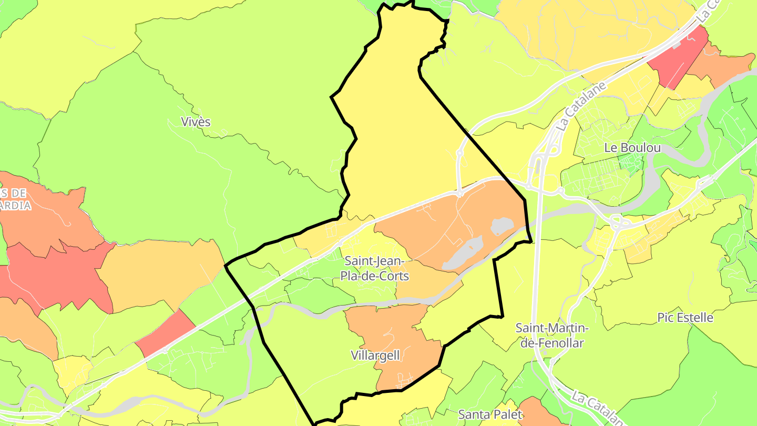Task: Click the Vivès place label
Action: (x=196, y=122)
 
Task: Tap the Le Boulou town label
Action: (x=632, y=148)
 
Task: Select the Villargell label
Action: (x=375, y=356)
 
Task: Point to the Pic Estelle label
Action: (x=685, y=318)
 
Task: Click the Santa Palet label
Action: (x=490, y=414)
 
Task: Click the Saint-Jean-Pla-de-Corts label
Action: (x=374, y=268)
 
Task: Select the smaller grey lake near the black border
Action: (x=502, y=226)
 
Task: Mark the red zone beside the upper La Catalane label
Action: (x=678, y=55)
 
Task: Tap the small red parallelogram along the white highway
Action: (x=166, y=332)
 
